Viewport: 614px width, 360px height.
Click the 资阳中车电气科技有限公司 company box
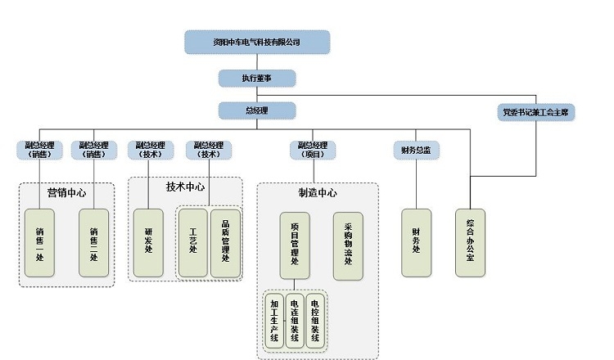point(256,42)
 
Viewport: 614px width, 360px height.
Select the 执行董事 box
point(256,78)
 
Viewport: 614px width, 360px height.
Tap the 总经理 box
point(256,110)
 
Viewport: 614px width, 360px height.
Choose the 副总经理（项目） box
point(313,149)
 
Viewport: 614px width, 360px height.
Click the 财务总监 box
point(416,150)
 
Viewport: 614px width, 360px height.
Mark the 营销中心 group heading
point(66,193)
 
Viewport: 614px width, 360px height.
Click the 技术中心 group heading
point(186,187)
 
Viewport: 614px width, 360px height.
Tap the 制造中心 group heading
point(318,193)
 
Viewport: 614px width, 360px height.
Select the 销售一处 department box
point(39,243)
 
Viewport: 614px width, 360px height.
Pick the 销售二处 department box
point(93,243)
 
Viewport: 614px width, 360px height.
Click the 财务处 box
point(416,243)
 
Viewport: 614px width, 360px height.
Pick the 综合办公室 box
point(470,243)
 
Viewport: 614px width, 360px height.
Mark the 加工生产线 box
point(275,321)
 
